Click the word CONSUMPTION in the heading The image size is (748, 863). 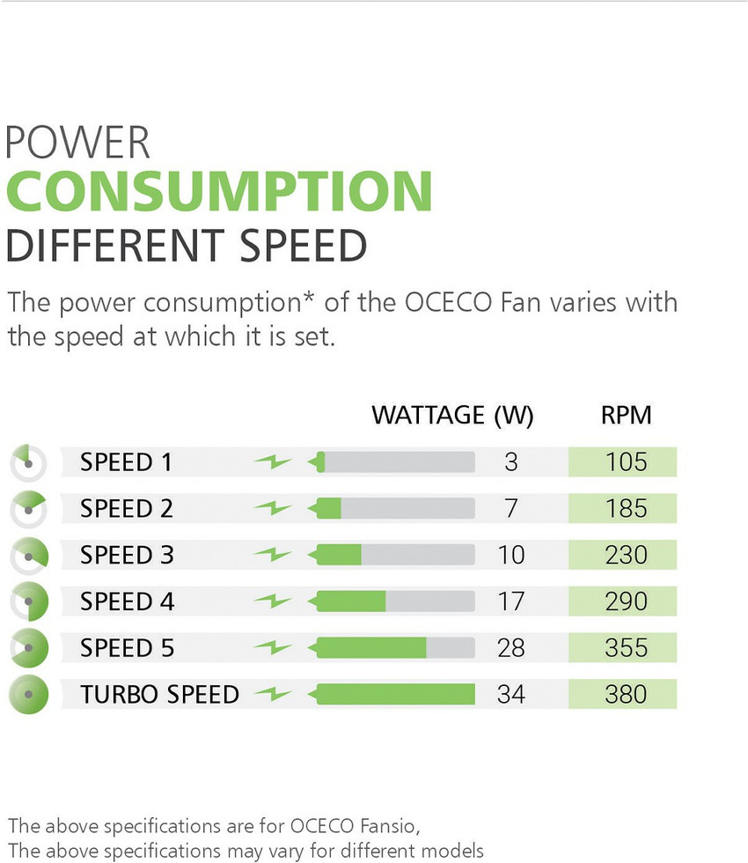(219, 190)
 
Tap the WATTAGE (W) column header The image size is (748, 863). (452, 415)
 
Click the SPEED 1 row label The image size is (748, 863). (126, 462)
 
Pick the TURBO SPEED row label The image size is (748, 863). (159, 694)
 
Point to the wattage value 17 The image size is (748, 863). (511, 601)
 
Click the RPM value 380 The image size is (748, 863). (626, 694)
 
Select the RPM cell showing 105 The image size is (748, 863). (626, 462)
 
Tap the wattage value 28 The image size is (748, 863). (511, 648)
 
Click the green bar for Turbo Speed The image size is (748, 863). (395, 694)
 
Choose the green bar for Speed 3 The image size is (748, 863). (339, 555)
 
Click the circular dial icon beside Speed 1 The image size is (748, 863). (29, 462)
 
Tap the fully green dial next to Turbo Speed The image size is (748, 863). (29, 694)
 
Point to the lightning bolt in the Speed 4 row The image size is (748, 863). (273, 601)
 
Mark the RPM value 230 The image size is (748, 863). (626, 555)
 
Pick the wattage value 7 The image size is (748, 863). (511, 508)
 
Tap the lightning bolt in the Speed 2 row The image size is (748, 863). (273, 508)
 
